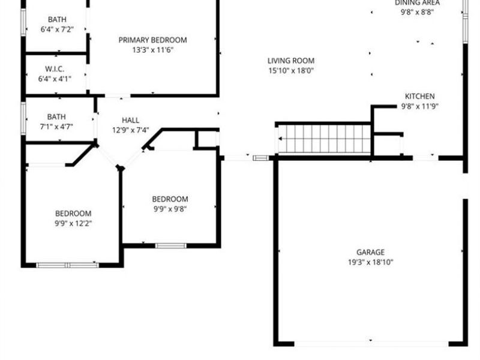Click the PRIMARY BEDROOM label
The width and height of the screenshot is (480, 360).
pyautogui.click(x=152, y=40)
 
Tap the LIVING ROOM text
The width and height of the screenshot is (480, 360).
pyautogui.click(x=291, y=61)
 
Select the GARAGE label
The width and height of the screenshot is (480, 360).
pyautogui.click(x=370, y=253)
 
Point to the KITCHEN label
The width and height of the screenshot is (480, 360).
pyautogui.click(x=420, y=96)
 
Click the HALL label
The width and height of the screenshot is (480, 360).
pyautogui.click(x=131, y=120)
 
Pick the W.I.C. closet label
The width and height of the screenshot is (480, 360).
pyautogui.click(x=55, y=69)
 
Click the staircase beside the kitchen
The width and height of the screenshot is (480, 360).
pyautogui.click(x=325, y=139)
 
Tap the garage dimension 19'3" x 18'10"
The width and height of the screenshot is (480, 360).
pyautogui.click(x=370, y=262)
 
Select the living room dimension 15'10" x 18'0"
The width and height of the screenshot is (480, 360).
pyautogui.click(x=291, y=71)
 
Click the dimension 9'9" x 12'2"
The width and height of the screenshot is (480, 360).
pyautogui.click(x=73, y=223)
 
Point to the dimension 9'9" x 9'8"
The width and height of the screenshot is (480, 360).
pyautogui.click(x=170, y=209)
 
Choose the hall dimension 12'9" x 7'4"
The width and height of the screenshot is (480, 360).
pyautogui.click(x=131, y=130)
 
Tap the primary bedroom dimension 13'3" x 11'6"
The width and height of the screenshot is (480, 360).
pyautogui.click(x=152, y=50)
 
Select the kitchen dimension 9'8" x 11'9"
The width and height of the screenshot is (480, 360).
pyautogui.click(x=420, y=106)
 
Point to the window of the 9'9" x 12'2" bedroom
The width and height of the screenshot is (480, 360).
pyautogui.click(x=67, y=265)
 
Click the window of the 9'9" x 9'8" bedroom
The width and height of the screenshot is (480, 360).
pyautogui.click(x=170, y=245)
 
